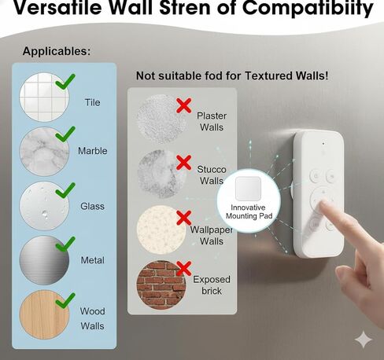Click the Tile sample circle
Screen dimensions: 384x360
click(x=44, y=97)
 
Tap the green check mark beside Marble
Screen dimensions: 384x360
click(x=65, y=134)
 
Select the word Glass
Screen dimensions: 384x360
click(x=92, y=206)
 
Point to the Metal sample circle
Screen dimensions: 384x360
click(x=44, y=260)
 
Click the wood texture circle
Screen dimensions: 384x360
click(x=44, y=314)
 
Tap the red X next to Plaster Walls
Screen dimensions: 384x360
click(x=184, y=105)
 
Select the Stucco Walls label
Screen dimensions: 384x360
click(x=212, y=175)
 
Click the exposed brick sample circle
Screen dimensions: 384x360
click(x=161, y=285)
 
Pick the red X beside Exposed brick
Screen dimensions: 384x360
click(x=184, y=269)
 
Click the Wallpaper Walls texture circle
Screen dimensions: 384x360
click(x=161, y=230)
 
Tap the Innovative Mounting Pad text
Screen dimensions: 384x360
click(x=249, y=211)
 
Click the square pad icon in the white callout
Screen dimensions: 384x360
click(x=248, y=189)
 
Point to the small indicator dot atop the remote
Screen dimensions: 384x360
click(x=323, y=144)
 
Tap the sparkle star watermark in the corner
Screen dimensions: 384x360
click(x=364, y=340)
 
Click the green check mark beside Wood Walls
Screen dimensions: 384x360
click(x=65, y=300)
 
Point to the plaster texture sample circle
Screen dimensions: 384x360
click(x=161, y=119)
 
